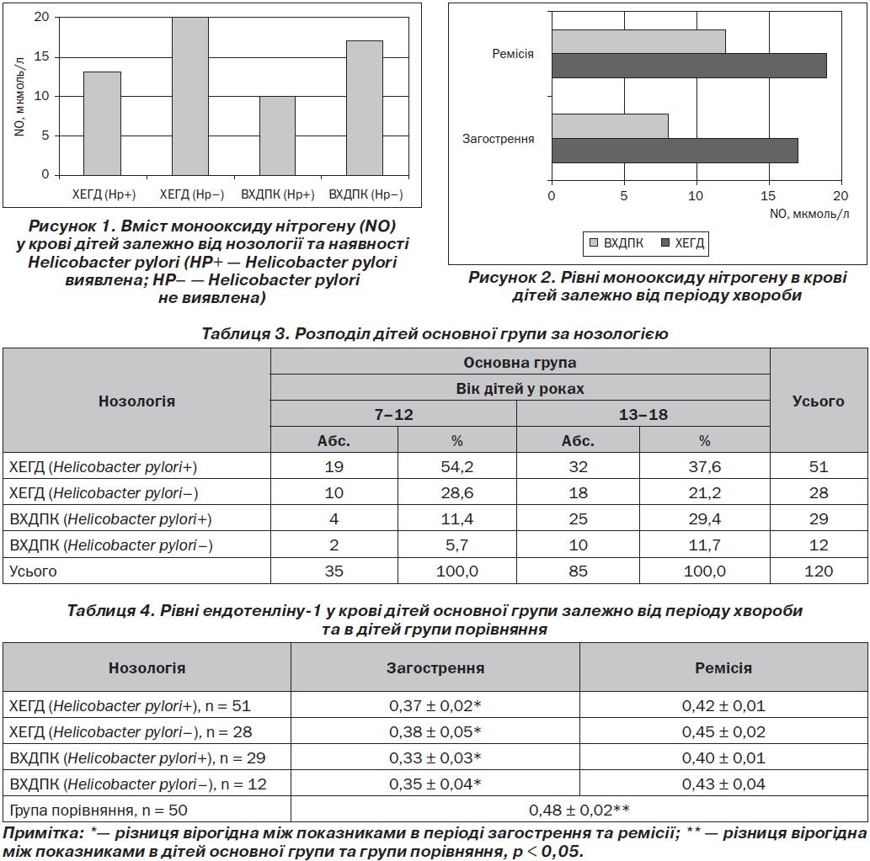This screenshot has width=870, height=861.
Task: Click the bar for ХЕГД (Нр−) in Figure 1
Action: tap(190, 97)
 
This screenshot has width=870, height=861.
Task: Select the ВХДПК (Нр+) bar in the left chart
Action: tap(277, 136)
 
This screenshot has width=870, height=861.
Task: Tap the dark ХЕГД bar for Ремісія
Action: tap(689, 66)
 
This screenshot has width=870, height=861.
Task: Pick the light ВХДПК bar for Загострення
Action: tap(610, 126)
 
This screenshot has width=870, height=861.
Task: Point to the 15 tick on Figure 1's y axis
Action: tap(41, 56)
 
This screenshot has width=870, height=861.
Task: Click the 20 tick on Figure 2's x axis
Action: tap(841, 196)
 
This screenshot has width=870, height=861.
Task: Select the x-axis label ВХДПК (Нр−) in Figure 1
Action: tap(366, 194)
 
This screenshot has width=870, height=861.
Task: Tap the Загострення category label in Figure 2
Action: tap(499, 139)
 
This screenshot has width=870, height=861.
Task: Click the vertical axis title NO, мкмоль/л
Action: tap(19, 97)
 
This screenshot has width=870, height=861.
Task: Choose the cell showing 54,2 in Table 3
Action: tap(457, 467)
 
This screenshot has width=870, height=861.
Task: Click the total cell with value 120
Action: tap(819, 571)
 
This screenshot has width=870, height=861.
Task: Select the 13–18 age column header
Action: tap(643, 415)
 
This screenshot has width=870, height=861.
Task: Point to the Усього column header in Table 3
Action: tap(819, 401)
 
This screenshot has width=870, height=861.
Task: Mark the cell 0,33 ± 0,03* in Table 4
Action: tap(435, 757)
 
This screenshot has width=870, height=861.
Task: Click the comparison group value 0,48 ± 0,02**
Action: tap(579, 810)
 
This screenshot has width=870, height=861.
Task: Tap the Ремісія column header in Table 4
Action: tap(723, 668)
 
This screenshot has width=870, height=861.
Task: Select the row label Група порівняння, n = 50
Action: tap(99, 811)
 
